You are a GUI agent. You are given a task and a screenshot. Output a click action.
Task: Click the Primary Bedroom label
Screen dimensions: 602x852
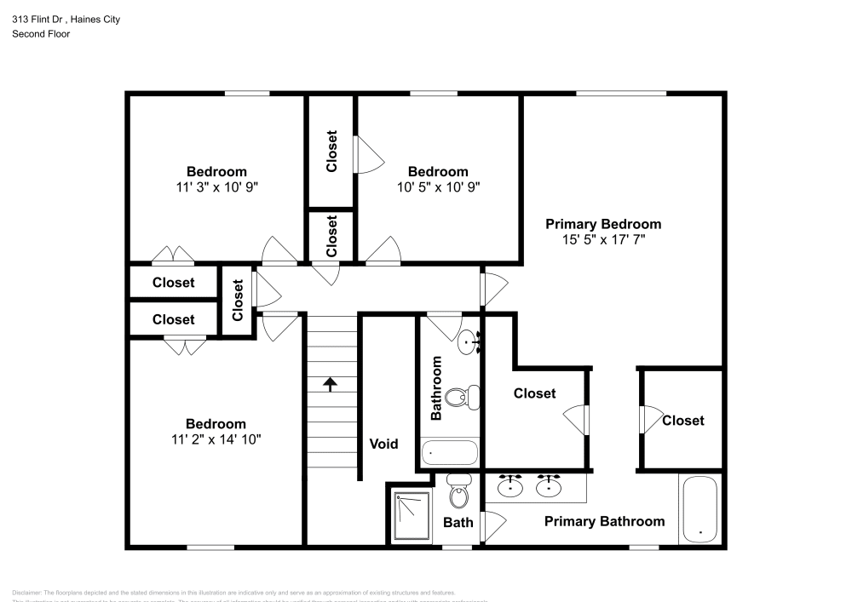(603, 224)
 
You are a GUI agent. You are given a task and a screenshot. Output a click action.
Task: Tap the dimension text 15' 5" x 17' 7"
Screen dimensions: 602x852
(603, 240)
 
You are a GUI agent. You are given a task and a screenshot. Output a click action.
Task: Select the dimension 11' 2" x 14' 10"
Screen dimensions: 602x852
(216, 439)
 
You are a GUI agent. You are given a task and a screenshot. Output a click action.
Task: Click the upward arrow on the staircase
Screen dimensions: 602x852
(331, 384)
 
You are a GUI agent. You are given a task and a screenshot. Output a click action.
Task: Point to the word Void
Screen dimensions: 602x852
(383, 444)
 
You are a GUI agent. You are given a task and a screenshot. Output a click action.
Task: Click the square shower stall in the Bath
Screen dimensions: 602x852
(412, 514)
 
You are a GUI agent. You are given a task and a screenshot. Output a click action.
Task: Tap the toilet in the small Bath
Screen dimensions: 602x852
(458, 495)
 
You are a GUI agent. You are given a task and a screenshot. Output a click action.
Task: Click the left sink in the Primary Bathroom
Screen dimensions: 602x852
(510, 486)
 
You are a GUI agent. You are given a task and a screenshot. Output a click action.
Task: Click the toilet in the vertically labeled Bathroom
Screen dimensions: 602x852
(467, 396)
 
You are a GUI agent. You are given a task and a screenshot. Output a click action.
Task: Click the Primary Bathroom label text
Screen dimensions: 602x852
(604, 521)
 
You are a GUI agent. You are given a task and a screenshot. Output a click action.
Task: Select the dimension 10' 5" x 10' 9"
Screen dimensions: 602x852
(438, 187)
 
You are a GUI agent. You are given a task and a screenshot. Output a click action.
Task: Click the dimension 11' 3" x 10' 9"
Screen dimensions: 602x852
(216, 187)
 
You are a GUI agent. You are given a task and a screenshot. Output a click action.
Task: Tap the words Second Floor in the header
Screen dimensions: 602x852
(41, 34)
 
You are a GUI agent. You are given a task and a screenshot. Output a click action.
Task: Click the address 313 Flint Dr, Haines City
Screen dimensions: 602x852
(66, 20)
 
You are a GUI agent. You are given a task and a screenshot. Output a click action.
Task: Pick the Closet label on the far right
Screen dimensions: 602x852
(682, 420)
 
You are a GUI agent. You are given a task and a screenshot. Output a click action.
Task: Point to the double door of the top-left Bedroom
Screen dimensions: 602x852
(173, 255)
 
